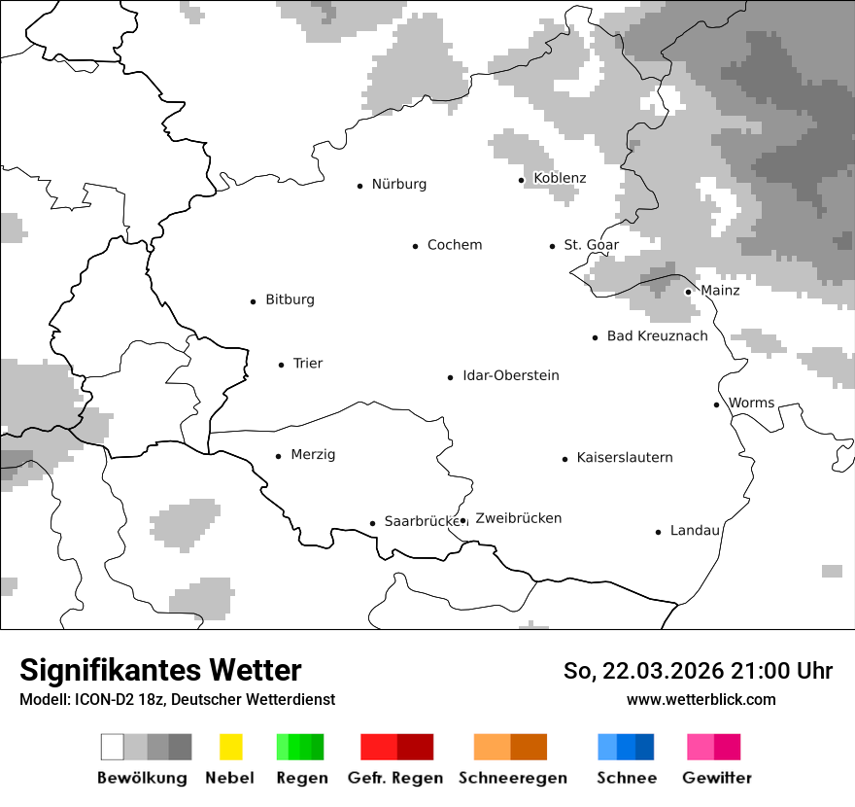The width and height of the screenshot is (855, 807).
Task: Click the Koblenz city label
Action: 560,178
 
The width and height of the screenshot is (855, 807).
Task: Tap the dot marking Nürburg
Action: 359,185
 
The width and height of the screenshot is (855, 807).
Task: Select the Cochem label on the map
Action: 454,245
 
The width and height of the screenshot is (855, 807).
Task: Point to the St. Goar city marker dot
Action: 552,246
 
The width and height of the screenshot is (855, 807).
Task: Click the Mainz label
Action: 720,291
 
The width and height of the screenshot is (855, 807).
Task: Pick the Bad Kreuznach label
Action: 657,336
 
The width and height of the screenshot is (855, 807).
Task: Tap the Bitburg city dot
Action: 253,301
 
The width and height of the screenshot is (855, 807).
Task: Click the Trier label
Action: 307,364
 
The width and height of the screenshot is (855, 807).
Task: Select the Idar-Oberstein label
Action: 510,376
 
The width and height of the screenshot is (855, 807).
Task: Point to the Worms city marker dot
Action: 716,404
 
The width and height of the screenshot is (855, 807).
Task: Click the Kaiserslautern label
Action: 624,458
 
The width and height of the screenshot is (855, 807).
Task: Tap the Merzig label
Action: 313,455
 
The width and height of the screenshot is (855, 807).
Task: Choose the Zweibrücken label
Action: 518,518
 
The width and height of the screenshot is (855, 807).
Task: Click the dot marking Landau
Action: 658,532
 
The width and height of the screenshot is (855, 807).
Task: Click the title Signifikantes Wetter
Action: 160,671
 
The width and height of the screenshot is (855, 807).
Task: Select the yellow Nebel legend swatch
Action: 230,747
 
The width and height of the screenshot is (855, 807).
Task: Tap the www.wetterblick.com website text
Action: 701,700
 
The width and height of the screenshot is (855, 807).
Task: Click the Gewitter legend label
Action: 716,778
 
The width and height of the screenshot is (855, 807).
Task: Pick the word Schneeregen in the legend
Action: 512,778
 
